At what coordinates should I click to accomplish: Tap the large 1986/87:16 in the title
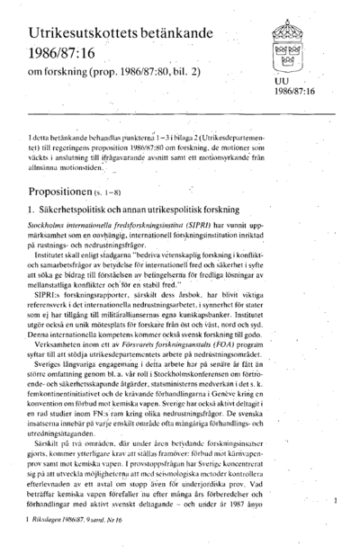tap(63, 54)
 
